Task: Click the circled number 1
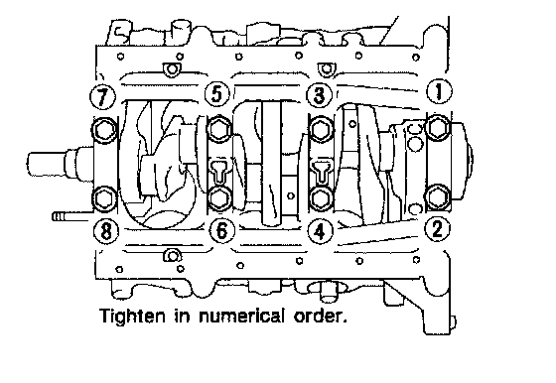tap(439, 91)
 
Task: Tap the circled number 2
tap(438, 229)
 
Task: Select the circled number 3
tap(320, 95)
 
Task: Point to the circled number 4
tap(320, 232)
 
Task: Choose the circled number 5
tap(217, 94)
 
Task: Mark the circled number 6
tap(221, 231)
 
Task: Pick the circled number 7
tap(103, 96)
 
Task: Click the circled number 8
tap(106, 232)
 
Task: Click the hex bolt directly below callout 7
tap(104, 130)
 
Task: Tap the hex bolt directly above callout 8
tap(104, 199)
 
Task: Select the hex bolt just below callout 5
tap(218, 129)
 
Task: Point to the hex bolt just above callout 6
tap(218, 198)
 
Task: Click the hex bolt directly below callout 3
tap(322, 129)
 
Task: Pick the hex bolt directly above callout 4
tap(322, 198)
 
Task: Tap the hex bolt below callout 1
tap(439, 127)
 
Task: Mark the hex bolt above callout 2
tap(438, 197)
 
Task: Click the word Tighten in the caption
tap(132, 317)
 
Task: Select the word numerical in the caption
tap(241, 316)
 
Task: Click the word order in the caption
tap(320, 317)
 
